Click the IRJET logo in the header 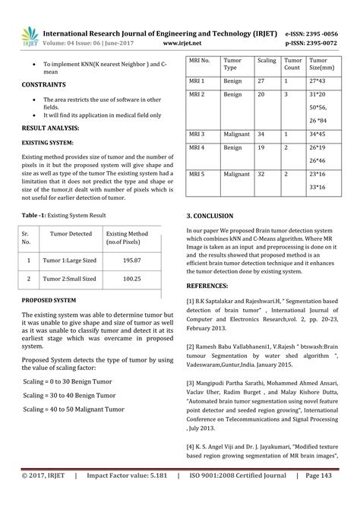pyautogui.click(x=30, y=36)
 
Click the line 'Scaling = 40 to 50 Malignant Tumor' pyautogui.click(x=73, y=409)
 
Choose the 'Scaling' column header pyautogui.click(x=267, y=59)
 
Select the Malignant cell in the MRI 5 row pyautogui.click(x=236, y=174)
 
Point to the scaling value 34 pyautogui.click(x=261, y=134)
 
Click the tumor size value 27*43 pyautogui.click(x=317, y=80)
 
